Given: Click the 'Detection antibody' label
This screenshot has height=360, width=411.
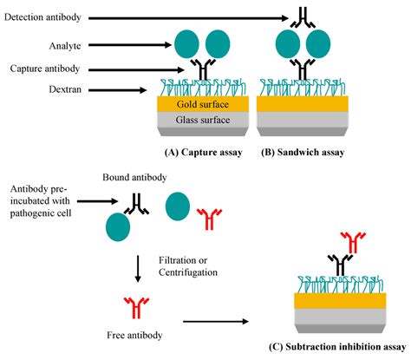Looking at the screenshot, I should (44, 17).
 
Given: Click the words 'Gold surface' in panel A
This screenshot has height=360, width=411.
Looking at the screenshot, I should (203, 103).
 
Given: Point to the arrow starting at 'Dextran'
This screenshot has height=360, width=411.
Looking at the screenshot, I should (118, 88).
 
